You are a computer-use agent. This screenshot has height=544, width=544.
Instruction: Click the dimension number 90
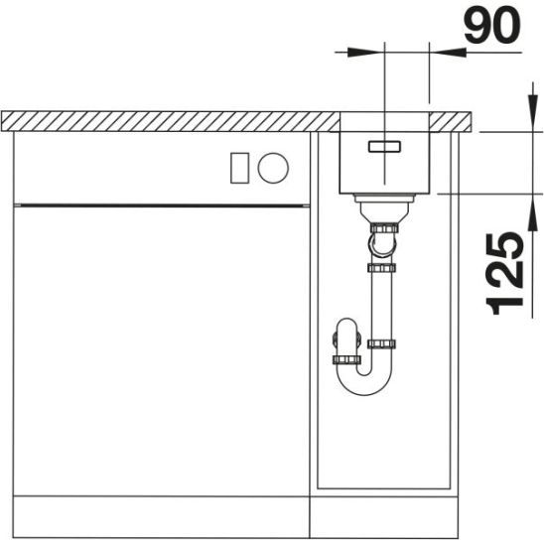click(x=492, y=25)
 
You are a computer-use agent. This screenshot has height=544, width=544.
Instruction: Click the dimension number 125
click(x=504, y=274)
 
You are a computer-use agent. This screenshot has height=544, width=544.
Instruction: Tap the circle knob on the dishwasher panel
click(x=273, y=168)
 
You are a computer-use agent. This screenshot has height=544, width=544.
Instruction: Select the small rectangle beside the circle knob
click(x=239, y=168)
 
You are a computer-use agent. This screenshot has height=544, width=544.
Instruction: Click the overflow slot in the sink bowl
click(x=384, y=146)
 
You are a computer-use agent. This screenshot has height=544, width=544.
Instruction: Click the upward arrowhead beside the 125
click(x=532, y=212)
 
